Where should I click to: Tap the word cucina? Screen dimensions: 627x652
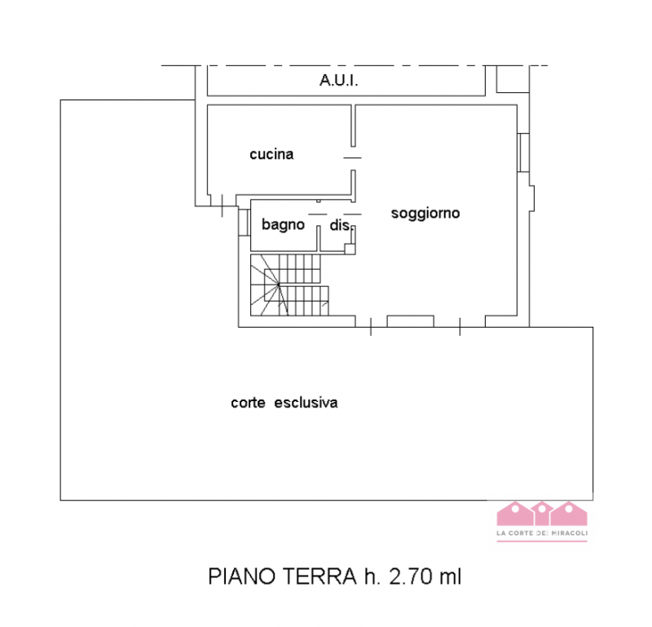pos(271,154)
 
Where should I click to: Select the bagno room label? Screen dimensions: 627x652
pos(283,224)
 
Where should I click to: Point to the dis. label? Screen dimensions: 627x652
pos(339,225)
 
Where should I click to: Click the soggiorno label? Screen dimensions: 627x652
pos(425,214)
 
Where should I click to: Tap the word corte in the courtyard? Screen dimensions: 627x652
pos(249,402)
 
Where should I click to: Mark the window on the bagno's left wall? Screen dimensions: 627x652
pos(243,223)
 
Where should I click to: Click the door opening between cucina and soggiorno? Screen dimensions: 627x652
pos(353,157)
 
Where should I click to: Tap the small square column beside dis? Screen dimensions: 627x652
pos(350,249)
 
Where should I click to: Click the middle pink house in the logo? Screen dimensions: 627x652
pos(541,514)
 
